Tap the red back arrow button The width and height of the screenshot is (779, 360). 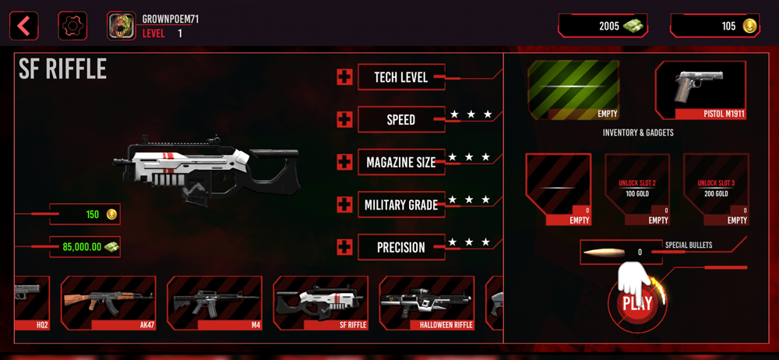coord(23,26)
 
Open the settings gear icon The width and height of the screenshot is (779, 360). coord(72,26)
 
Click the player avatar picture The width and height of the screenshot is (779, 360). coord(121,26)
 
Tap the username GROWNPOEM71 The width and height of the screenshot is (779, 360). coord(170,19)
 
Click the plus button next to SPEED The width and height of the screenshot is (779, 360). coord(344,119)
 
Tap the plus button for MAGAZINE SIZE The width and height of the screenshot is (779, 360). coord(344,162)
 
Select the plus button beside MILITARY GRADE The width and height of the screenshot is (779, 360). coord(344,204)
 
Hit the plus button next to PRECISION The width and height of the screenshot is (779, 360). coord(344,247)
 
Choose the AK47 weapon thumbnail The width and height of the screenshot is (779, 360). coord(108,302)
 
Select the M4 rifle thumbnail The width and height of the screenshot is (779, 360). coord(214,302)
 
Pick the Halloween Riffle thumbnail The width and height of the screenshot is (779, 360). coord(426,302)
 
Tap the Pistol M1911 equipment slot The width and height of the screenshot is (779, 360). coord(700,90)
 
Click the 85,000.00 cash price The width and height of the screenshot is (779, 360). coord(85,247)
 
